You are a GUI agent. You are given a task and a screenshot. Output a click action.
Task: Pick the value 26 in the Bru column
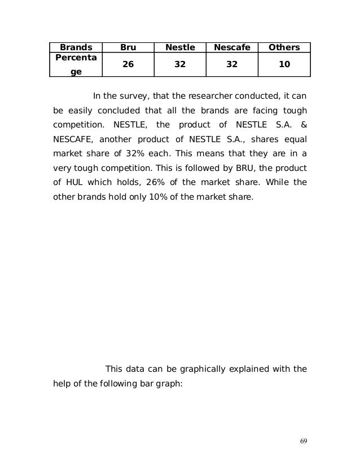(129, 65)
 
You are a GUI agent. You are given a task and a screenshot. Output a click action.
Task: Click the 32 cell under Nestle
(180, 65)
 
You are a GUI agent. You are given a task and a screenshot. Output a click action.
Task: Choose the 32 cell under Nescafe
(231, 65)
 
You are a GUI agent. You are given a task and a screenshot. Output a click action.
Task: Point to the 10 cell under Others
(284, 65)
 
